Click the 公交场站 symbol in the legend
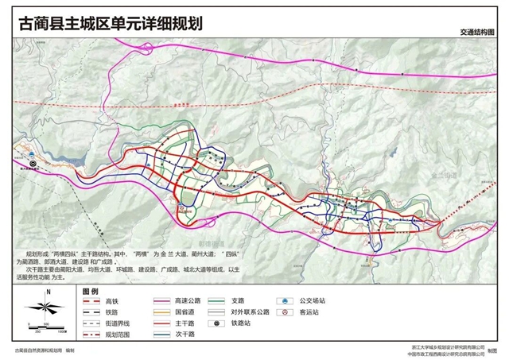pyautogui.click(x=282, y=301)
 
